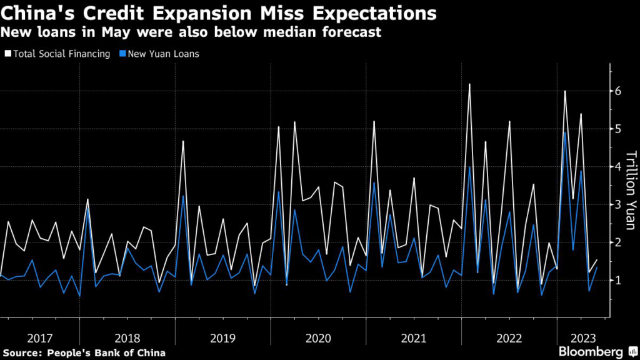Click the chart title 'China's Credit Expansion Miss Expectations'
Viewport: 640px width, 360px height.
tap(219, 12)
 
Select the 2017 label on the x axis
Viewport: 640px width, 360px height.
tap(40, 338)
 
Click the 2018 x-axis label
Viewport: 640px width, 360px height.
tap(127, 338)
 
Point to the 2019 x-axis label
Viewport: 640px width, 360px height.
tap(223, 338)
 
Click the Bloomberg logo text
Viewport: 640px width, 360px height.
tap(592, 352)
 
